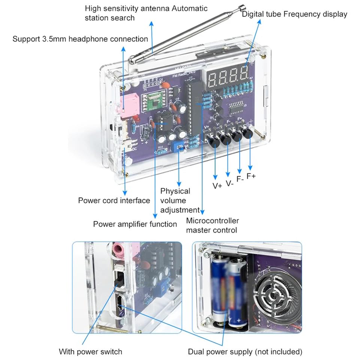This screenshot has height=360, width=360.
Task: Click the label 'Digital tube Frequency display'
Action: [x=294, y=14]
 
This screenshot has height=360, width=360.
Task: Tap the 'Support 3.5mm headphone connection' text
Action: [x=80, y=39]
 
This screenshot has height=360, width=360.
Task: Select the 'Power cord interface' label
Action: [x=114, y=201]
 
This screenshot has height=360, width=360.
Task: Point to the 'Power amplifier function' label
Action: [x=135, y=224]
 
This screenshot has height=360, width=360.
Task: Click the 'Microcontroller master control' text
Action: [x=212, y=225]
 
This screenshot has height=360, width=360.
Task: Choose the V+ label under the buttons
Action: [x=217, y=186]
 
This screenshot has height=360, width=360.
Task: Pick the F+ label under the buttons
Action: [x=251, y=175]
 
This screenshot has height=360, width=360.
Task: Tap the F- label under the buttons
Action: [x=240, y=179]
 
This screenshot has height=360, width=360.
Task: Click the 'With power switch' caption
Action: [x=90, y=352]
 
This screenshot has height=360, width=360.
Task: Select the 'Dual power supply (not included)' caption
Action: [x=245, y=352]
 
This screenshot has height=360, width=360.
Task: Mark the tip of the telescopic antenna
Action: [x=242, y=7]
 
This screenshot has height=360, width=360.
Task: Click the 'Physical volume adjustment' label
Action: [x=179, y=201]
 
